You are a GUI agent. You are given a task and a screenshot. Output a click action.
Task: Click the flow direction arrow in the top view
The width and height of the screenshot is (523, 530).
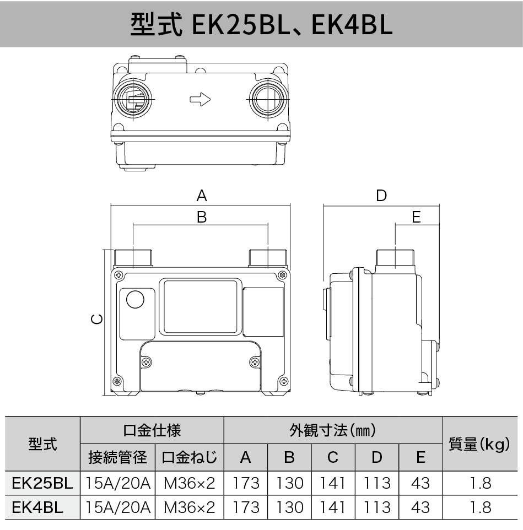(x=200, y=100)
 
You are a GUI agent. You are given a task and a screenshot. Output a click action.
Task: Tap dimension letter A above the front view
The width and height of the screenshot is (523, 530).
(x=202, y=195)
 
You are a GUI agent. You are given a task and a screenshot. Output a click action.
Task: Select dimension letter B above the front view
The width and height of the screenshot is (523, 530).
(x=202, y=217)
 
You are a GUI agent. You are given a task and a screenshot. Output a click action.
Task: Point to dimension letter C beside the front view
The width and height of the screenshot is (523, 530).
(x=96, y=319)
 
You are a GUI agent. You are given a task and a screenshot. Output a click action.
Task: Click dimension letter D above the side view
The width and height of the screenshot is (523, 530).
(x=381, y=195)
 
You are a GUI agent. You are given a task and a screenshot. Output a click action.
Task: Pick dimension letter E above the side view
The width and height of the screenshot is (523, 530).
(x=416, y=217)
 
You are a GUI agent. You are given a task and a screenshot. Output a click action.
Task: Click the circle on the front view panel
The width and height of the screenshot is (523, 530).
(x=135, y=299)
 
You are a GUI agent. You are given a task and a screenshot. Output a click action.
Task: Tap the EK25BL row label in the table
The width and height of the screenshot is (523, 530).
(x=42, y=483)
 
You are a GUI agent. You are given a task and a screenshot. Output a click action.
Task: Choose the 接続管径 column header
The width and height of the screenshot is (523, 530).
(x=118, y=457)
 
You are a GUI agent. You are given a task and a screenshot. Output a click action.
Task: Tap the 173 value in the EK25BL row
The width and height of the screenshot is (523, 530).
(x=246, y=483)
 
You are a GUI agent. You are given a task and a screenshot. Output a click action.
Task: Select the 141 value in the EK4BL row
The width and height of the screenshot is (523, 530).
(x=333, y=507)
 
